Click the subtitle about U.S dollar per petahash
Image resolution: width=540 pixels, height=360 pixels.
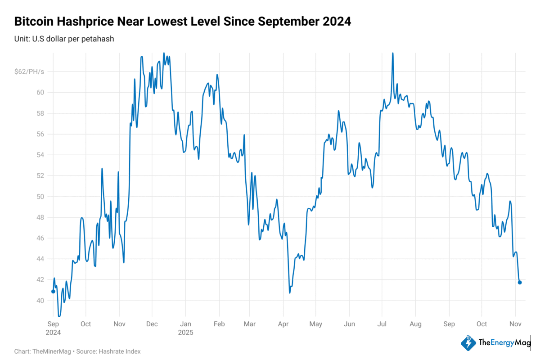pos(64,39)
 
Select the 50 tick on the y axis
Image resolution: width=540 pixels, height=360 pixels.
pos(40,197)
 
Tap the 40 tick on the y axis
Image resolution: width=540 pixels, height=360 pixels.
pos(40,301)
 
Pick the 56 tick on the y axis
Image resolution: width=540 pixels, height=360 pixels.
pos(40,134)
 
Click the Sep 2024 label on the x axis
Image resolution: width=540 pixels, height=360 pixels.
pos(53,328)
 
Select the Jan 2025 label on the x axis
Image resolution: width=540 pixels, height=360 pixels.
pos(185,328)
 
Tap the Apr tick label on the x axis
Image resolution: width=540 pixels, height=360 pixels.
pos(283,324)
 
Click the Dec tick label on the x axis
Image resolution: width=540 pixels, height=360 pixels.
pos(152,324)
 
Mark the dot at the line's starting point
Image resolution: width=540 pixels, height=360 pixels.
pos(53,292)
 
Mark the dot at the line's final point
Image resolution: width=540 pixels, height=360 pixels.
pos(520,283)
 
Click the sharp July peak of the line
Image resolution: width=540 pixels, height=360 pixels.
pos(393,54)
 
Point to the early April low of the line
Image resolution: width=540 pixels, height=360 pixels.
pos(290,292)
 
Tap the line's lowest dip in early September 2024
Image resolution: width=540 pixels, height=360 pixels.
pos(59,315)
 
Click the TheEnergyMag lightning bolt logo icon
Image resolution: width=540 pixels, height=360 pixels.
pos(468,343)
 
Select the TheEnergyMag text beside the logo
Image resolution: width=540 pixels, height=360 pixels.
pos(504,343)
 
